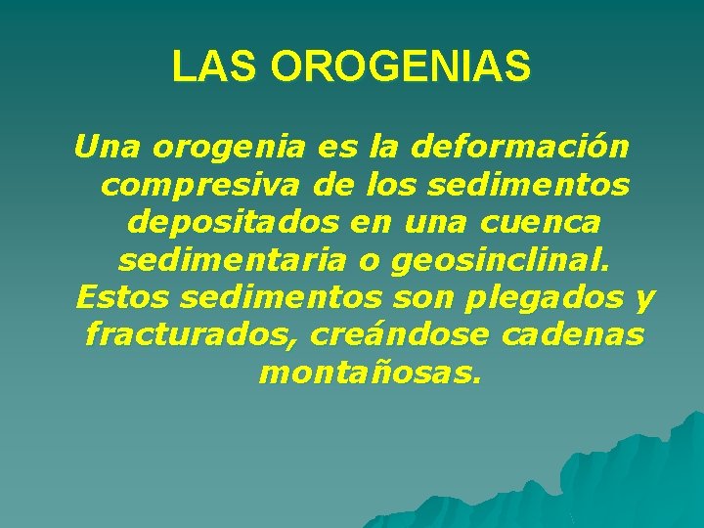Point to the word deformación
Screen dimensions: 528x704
point(521,149)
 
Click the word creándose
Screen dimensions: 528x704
point(400,334)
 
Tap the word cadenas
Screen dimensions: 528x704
point(571,334)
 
